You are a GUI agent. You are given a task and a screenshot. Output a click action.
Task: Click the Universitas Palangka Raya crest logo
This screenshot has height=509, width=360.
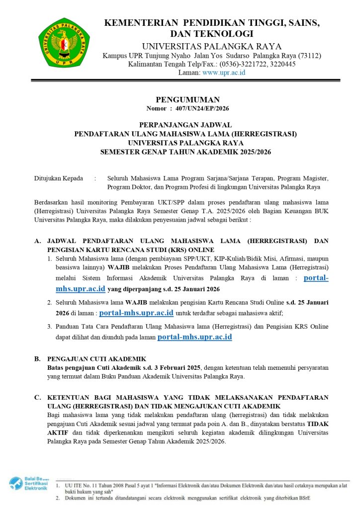(x=64, y=42)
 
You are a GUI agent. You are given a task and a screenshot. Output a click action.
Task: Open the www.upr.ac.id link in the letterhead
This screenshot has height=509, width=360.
(x=224, y=73)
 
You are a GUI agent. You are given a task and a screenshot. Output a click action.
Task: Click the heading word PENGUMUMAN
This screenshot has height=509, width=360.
(x=187, y=100)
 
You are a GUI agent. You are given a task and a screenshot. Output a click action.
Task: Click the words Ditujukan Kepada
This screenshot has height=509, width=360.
(x=59, y=178)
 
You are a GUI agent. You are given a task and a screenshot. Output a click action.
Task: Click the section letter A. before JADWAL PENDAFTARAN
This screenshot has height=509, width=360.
(x=37, y=241)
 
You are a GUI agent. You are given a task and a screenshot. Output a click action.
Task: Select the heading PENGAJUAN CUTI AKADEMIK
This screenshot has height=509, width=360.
(x=95, y=358)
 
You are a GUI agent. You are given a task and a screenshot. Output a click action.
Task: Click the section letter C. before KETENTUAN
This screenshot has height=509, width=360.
(x=37, y=398)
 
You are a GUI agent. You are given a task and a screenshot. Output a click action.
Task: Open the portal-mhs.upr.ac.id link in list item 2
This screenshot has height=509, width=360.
(x=136, y=313)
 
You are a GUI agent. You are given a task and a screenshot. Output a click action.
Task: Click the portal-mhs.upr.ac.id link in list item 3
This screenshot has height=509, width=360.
(x=194, y=338)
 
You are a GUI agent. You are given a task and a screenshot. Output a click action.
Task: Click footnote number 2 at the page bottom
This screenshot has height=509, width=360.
(x=58, y=498)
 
